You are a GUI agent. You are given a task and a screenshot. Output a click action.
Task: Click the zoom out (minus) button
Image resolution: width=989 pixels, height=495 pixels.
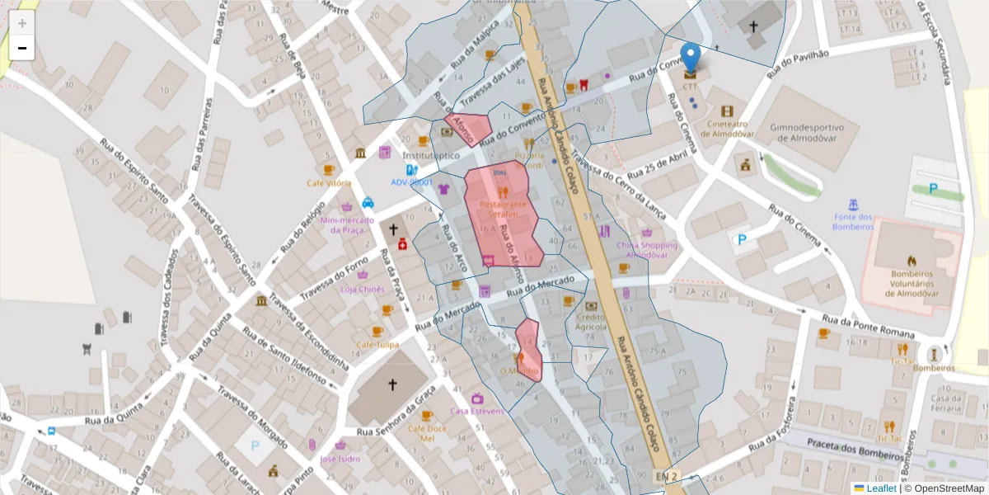click(22, 48)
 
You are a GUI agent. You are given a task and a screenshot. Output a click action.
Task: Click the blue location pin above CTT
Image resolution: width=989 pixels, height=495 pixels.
click(691, 57)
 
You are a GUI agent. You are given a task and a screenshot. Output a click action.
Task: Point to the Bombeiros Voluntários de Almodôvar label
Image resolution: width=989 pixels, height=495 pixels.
click(912, 283)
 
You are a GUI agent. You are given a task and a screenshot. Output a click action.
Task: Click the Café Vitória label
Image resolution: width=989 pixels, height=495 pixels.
click(329, 183)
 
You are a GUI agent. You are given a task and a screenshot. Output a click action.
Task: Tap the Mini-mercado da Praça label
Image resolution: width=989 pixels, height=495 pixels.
click(347, 224)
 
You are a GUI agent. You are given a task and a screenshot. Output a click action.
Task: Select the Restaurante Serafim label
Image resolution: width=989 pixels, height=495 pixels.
click(503, 209)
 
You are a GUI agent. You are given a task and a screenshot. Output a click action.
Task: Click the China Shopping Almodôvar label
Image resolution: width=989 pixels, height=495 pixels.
click(646, 250)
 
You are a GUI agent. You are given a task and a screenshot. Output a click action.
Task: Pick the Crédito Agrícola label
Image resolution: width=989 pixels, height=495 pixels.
click(591, 322)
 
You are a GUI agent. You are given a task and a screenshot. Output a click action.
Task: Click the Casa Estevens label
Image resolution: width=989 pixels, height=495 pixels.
click(476, 411)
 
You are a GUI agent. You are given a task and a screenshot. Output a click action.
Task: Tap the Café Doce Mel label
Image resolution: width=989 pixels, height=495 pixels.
click(427, 433)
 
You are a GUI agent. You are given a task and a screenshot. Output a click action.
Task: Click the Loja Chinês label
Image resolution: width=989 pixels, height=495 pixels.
click(363, 290)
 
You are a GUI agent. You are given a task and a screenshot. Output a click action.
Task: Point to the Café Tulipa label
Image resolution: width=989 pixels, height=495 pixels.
click(377, 345)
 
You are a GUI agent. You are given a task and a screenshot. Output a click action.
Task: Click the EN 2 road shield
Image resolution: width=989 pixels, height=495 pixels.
click(666, 477)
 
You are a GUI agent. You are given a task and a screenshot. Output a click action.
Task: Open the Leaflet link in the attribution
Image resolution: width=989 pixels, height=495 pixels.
click(879, 488)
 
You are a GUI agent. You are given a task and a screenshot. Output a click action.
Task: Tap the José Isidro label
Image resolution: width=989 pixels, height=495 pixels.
click(340, 459)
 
